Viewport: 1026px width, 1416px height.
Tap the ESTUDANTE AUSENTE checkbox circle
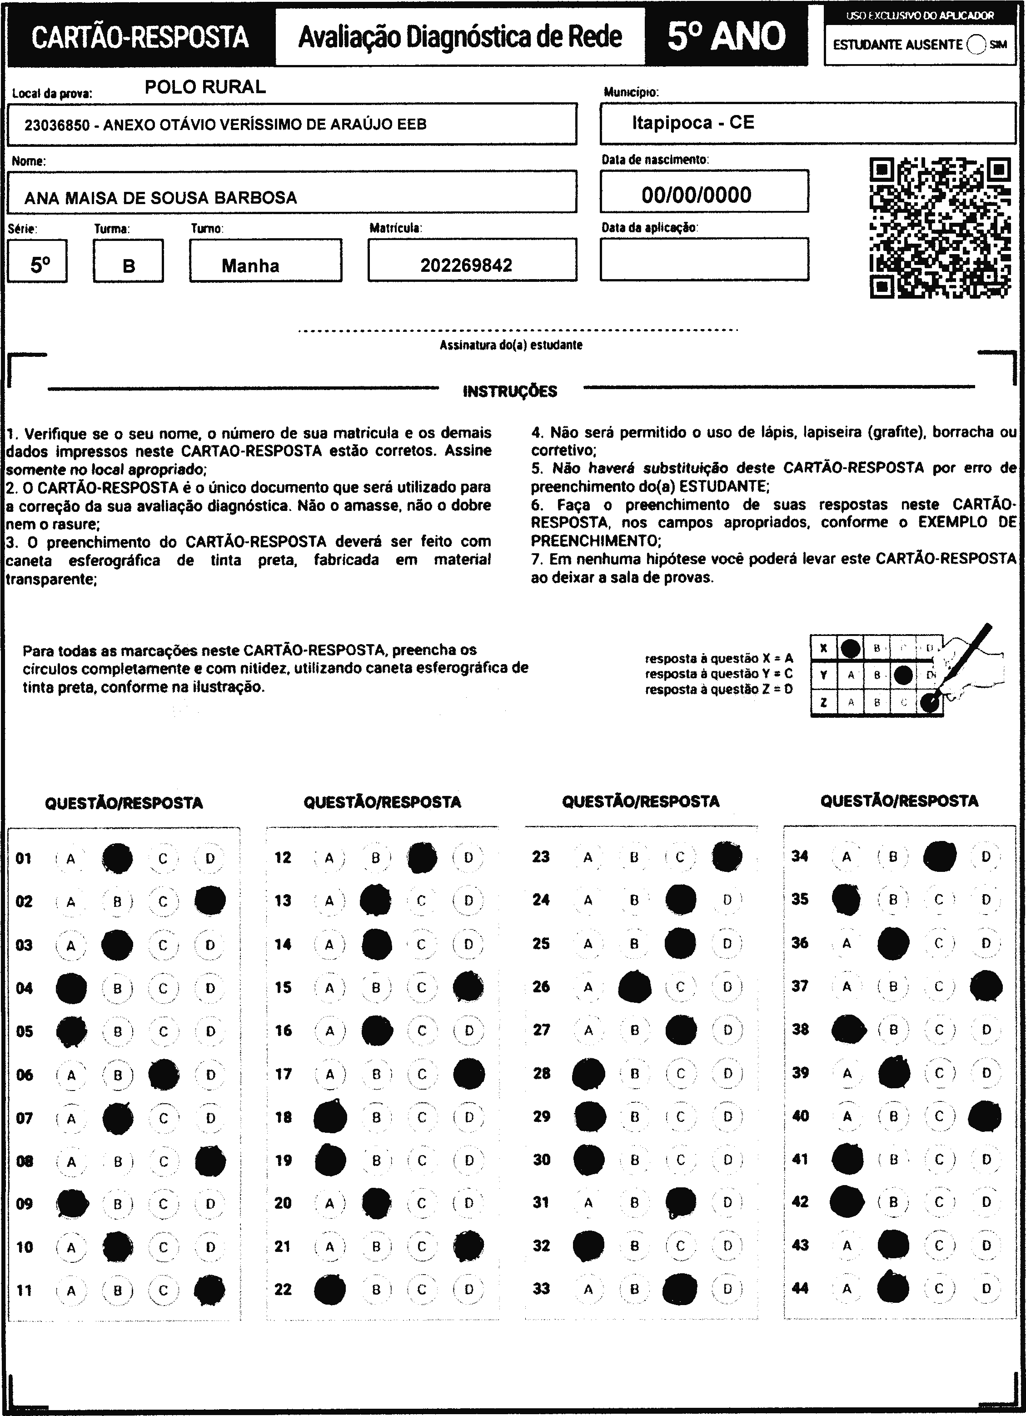point(976,45)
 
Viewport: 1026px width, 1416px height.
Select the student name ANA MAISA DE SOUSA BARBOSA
point(160,198)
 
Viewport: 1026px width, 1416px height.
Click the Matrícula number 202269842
point(466,265)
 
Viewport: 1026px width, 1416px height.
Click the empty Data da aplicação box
point(704,259)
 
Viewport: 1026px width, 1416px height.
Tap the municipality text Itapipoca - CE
point(693,122)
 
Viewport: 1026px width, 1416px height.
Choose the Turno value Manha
point(250,266)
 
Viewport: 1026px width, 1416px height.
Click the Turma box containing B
point(129,266)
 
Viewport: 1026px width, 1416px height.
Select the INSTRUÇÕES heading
point(510,391)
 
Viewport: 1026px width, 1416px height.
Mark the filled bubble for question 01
point(117,859)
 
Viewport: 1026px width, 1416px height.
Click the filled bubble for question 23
point(727,856)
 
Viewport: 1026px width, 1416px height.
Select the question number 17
point(284,1074)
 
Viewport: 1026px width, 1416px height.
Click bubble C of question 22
point(422,1289)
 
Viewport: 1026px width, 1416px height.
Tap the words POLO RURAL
point(205,87)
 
